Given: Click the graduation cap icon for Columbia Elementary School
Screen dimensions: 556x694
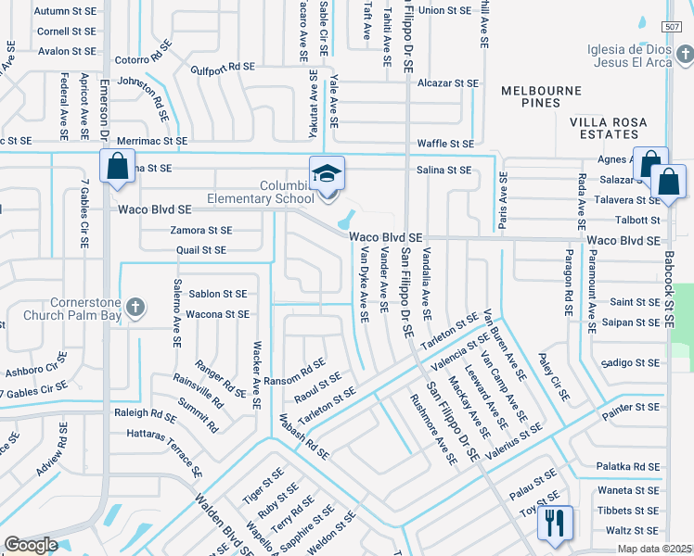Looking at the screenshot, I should click(328, 173).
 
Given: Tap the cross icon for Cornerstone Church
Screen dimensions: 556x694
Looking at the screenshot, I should click(135, 307).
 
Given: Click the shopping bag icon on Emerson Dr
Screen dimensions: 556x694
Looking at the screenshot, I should click(117, 168).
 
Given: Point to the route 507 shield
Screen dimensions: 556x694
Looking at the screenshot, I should click(675, 28).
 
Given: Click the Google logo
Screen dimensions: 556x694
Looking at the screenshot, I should click(32, 545).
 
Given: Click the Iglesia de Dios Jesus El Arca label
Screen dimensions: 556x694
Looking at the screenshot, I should click(639, 57).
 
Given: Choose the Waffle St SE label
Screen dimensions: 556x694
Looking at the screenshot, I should click(445, 144).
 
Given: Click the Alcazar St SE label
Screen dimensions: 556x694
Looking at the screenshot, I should click(447, 82).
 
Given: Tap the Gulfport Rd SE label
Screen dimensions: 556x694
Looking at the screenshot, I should click(223, 67).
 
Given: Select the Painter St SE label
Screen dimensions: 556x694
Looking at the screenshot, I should click(629, 407).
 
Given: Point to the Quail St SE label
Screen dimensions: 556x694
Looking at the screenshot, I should click(200, 250).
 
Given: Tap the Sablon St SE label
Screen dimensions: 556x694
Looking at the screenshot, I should click(218, 294).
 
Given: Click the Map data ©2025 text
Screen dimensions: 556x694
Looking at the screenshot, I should click(654, 549).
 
